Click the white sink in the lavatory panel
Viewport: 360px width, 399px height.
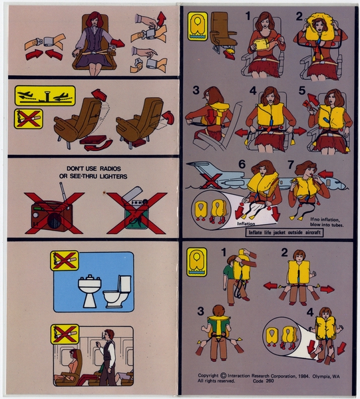(x=89, y=290)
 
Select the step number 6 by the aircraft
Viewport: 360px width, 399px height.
(x=242, y=165)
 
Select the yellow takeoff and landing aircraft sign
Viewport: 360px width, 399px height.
(x=45, y=96)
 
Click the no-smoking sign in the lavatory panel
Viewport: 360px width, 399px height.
(x=65, y=260)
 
